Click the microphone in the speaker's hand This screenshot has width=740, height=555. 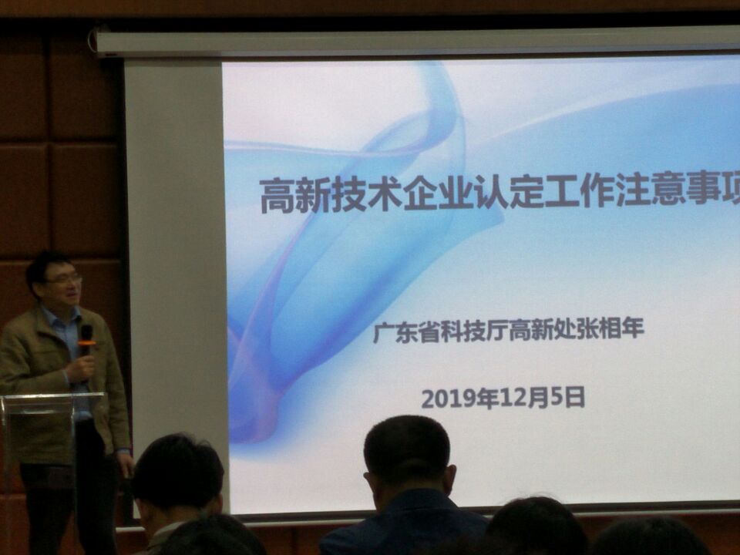coord(86,340)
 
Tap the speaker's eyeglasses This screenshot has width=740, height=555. coord(64,279)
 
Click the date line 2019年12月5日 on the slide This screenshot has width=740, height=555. coord(503,399)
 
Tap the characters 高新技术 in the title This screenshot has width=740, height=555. coord(331,194)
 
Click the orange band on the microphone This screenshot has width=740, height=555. coord(87,342)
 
